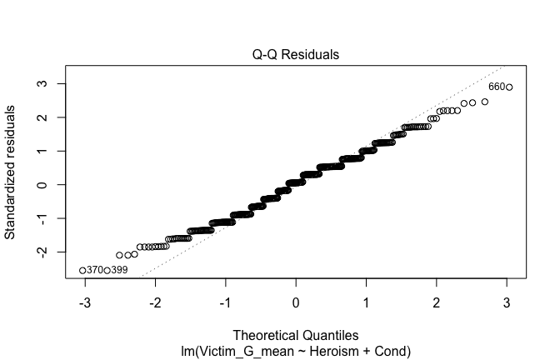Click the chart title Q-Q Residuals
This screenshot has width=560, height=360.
click(296, 56)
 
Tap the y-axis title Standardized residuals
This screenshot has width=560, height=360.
click(11, 172)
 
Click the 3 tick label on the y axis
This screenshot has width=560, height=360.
click(39, 84)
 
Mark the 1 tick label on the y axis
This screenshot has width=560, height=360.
click(39, 151)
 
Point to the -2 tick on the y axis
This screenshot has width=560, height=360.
click(39, 252)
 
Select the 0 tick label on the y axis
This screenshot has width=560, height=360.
click(39, 184)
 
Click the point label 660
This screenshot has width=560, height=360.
click(496, 87)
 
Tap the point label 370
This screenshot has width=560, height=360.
click(95, 270)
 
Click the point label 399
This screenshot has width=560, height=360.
click(119, 270)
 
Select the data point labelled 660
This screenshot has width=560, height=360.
click(509, 87)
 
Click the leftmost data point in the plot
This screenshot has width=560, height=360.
click(82, 270)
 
